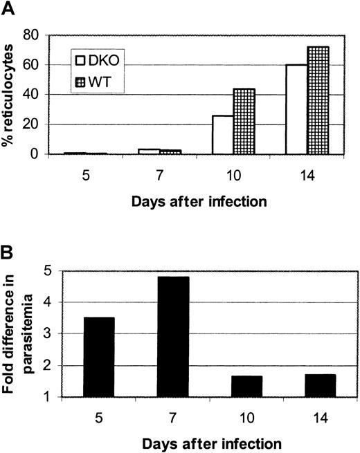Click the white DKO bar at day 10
[222, 135]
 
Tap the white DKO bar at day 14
[296, 109]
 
